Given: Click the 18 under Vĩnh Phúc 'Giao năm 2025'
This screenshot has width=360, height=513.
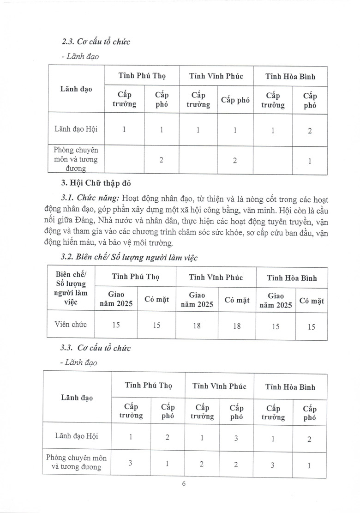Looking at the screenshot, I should pos(197,325).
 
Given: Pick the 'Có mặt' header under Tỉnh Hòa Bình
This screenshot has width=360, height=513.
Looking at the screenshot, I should pos(312,301).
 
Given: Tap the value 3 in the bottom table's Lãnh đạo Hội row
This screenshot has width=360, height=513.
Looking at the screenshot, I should pos(236,438).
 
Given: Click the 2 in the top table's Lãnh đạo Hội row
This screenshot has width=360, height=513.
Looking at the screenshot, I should pos(310,131).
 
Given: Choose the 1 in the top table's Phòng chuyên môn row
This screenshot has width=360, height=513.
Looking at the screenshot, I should pos(310,161).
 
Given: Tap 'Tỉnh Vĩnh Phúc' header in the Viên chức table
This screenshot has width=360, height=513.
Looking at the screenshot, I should pos(216,278).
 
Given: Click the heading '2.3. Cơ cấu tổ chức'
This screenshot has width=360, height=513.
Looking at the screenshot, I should pos(96,42).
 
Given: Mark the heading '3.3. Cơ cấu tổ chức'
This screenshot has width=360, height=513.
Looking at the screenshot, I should pos(96,348).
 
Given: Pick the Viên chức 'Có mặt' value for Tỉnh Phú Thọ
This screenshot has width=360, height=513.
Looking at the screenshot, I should pos(156,325).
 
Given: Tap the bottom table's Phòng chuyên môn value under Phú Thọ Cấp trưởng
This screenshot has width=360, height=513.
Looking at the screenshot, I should pos(131,463).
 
